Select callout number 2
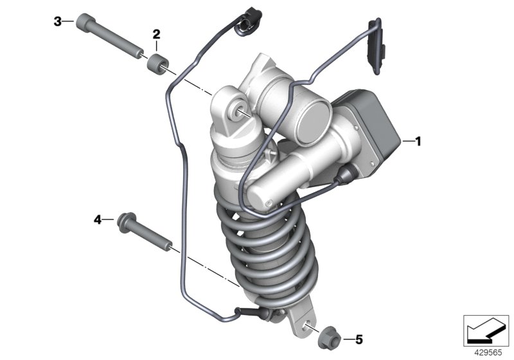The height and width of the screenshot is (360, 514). click(x=156, y=34)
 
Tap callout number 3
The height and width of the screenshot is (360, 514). click(x=57, y=22)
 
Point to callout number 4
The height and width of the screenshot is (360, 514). click(x=98, y=220)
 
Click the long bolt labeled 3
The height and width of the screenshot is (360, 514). click(x=109, y=37)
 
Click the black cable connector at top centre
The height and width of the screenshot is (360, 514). click(x=246, y=23)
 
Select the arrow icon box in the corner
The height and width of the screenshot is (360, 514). click(x=487, y=330)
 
